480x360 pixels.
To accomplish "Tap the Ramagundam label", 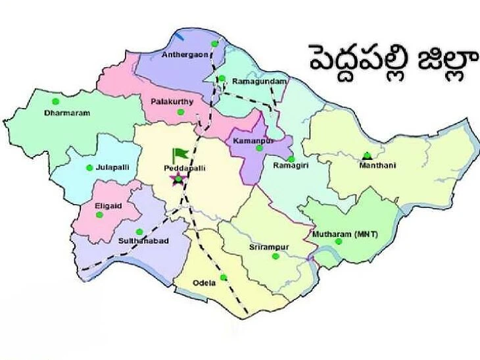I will click(x=260, y=81).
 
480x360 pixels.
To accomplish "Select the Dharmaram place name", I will click(x=67, y=113).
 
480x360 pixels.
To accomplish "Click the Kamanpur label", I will click(x=253, y=141).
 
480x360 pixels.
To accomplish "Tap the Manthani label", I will click(x=373, y=167).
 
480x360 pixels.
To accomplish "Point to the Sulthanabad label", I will click(x=143, y=241).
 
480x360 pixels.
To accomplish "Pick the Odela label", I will click(x=204, y=282).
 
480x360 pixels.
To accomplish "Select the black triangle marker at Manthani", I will click(x=367, y=156).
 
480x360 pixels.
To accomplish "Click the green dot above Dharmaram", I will click(x=55, y=101).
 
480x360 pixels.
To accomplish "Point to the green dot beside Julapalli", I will click(x=89, y=167).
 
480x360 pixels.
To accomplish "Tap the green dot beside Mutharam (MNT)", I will click(x=339, y=242).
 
